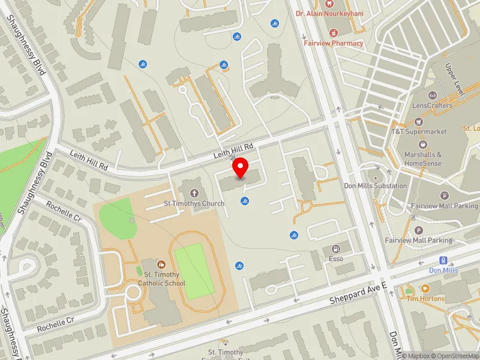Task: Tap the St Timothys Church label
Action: [194, 203]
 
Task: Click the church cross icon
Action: [194, 193]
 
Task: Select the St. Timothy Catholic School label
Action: [161, 279]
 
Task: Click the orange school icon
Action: [161, 264]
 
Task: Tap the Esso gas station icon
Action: [335, 248]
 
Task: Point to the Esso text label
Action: [336, 259]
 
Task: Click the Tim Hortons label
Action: [425, 298]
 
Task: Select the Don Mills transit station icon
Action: [443, 260]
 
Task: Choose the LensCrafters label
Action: [431, 105]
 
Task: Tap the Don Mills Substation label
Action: [376, 185]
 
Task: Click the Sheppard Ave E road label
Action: [355, 292]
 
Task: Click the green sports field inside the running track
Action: [194, 271]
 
